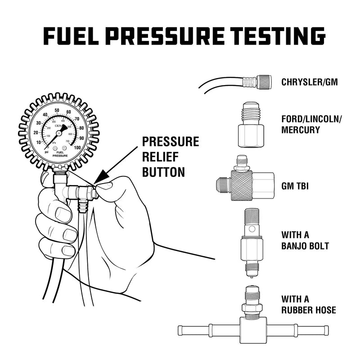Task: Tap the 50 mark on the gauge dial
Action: tap(57, 110)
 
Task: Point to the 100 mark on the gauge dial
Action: tap(78, 147)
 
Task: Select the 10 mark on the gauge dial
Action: tap(38, 143)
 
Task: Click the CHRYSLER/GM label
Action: tap(310, 82)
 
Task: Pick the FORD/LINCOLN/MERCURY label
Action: tap(311, 125)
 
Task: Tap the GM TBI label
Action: tap(295, 185)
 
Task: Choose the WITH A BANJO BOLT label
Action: tap(305, 240)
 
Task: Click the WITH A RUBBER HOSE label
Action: tap(308, 305)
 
